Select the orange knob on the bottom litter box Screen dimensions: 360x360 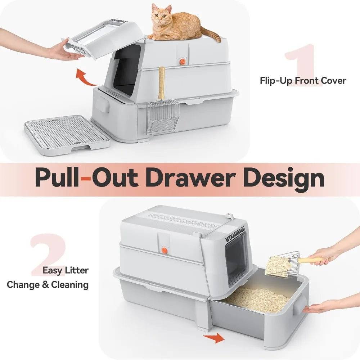pyautogui.click(x=163, y=250)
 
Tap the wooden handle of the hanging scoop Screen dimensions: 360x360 pyautogui.click(x=162, y=83)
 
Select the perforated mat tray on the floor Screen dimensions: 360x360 pyautogui.click(x=67, y=134)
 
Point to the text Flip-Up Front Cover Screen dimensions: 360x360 pyautogui.click(x=302, y=80)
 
